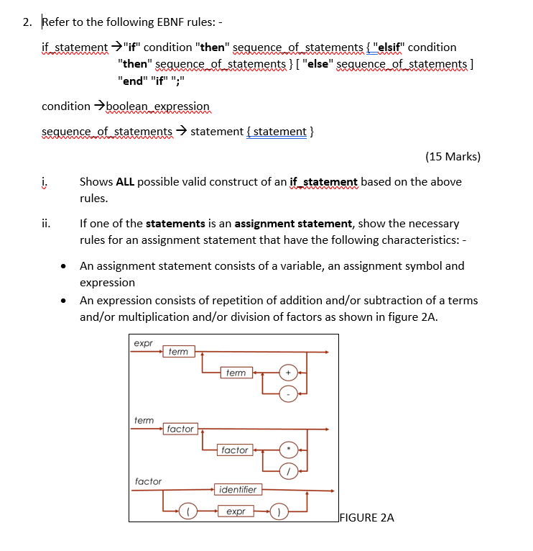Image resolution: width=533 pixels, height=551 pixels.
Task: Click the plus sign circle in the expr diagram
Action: pos(288,373)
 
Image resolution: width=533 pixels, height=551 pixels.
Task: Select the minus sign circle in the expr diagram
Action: pos(288,393)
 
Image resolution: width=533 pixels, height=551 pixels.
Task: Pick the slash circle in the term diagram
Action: pos(288,470)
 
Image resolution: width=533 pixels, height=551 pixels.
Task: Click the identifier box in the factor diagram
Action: pos(238,490)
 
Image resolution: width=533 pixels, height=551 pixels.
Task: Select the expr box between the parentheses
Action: pos(236,511)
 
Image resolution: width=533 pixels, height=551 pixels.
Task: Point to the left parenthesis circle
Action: pos(187,511)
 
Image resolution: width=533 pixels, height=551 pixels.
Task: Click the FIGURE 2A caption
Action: pos(366,517)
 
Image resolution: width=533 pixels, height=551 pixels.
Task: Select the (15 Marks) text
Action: pos(453,156)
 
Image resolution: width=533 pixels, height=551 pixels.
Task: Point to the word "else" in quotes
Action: pos(317,65)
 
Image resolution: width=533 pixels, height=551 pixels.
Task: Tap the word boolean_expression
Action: pos(158,106)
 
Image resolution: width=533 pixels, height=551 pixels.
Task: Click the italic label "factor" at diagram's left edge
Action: pos(148,481)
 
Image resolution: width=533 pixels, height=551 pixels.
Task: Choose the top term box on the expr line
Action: pos(177,352)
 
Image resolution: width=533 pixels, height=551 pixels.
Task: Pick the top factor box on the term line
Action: pos(180,429)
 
